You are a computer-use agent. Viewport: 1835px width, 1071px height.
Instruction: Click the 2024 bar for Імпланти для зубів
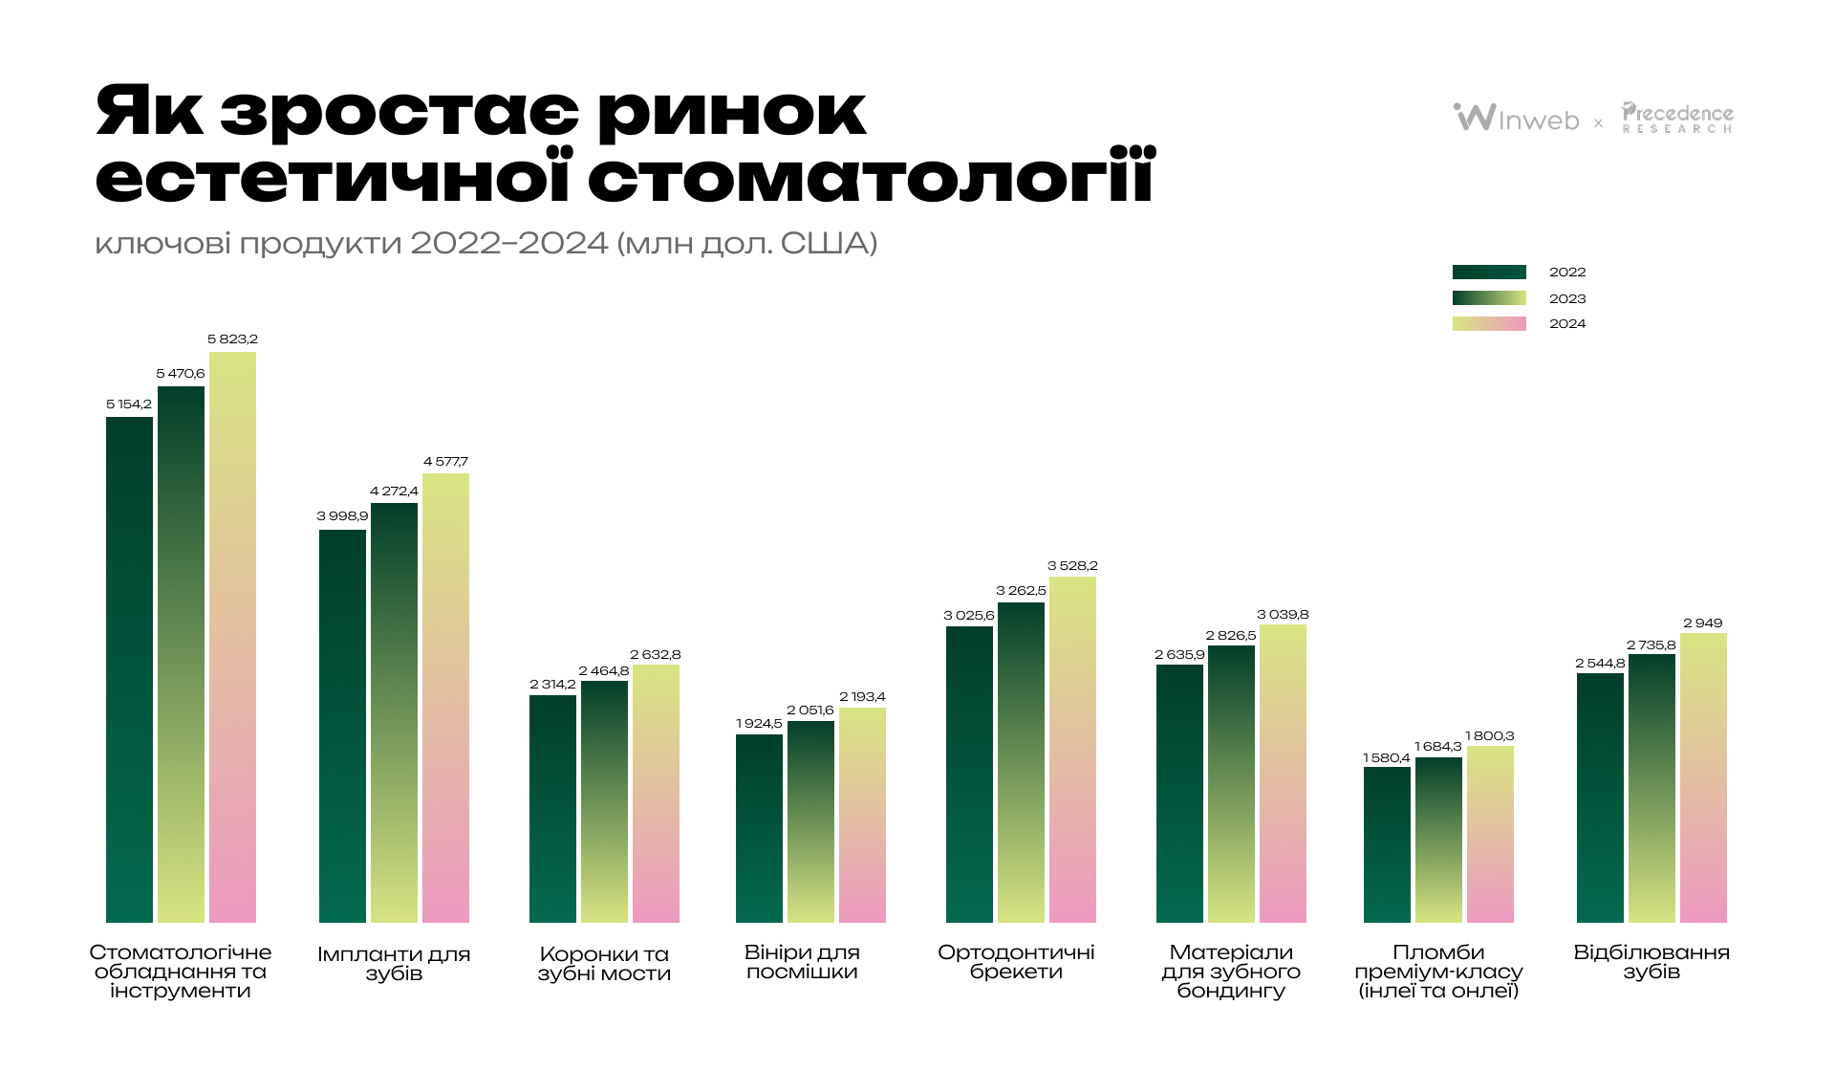click(x=445, y=698)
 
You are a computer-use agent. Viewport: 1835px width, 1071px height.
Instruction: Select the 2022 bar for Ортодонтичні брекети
click(x=969, y=775)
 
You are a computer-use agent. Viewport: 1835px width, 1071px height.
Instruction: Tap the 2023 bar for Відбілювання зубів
click(x=1651, y=789)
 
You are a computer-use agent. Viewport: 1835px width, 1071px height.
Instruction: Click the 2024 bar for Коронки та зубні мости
click(x=656, y=794)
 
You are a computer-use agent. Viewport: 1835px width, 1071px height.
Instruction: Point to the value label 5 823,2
click(x=232, y=339)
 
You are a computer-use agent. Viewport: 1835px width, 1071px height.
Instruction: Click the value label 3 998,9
click(x=342, y=516)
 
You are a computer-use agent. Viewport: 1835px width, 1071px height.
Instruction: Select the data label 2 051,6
click(x=810, y=710)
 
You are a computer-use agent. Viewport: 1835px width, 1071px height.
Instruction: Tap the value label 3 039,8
click(x=1283, y=615)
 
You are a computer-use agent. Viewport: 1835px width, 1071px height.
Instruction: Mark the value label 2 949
click(x=1703, y=623)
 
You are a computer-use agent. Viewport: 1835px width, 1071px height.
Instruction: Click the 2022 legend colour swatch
click(x=1489, y=273)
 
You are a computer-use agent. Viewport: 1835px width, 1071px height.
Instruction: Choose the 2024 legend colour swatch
click(x=1489, y=324)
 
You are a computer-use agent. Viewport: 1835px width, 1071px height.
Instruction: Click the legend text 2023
click(x=1567, y=298)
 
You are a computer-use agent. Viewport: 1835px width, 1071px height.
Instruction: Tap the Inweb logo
click(x=1517, y=118)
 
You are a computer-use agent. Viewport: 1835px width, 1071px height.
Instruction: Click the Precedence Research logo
click(x=1677, y=118)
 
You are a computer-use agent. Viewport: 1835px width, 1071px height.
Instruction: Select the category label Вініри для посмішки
click(x=802, y=962)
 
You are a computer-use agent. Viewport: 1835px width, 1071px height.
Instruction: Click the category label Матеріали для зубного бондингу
click(x=1231, y=972)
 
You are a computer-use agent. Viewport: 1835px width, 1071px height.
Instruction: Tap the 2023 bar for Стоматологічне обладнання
click(x=181, y=655)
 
